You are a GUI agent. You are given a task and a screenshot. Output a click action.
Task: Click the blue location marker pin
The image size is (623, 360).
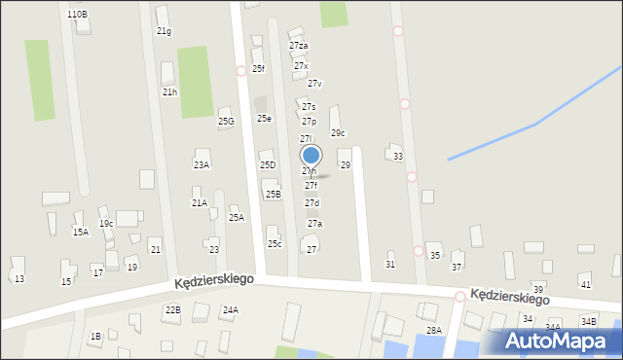[x=311, y=156]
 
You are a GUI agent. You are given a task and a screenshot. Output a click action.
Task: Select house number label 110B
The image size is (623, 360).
[x=77, y=14]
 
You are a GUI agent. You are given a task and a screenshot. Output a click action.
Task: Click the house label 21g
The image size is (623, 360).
[x=164, y=31]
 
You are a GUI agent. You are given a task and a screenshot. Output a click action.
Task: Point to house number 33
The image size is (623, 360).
[x=398, y=156]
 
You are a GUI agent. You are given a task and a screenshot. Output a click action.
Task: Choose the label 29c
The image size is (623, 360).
[x=338, y=133]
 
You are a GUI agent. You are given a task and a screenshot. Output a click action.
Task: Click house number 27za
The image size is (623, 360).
[x=299, y=46]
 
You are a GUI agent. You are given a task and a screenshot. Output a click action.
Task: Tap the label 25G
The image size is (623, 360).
[x=226, y=122]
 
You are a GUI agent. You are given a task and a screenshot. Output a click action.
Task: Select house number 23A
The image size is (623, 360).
[x=201, y=165]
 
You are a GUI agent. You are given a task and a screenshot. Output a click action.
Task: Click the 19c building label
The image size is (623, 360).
[x=105, y=224]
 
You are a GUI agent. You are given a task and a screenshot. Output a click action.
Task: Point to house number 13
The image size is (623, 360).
[x=18, y=279]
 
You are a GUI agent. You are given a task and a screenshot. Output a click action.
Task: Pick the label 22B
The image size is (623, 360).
[x=172, y=309]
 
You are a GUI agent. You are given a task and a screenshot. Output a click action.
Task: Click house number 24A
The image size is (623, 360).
[x=230, y=310]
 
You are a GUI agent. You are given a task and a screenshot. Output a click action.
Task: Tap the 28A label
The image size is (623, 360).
[x=433, y=331]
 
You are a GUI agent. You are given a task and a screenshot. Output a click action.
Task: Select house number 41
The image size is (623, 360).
[x=585, y=284]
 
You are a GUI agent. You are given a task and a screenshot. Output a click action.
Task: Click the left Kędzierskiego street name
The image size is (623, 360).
[x=215, y=279]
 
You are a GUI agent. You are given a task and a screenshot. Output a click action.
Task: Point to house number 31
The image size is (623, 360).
[x=390, y=265]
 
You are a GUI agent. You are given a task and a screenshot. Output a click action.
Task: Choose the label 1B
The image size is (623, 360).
[x=95, y=337]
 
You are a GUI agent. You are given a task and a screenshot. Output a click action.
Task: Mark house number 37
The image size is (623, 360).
[x=457, y=267]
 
